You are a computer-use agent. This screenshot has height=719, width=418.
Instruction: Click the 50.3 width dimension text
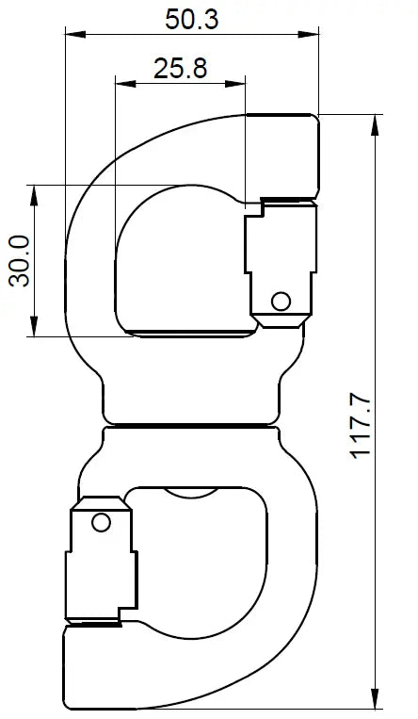point(191,18)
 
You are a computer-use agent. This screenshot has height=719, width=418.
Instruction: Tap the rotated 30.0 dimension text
point(19,261)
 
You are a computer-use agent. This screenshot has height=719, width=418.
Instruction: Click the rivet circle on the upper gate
point(280,302)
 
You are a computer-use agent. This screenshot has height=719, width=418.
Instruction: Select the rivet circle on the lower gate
point(101,522)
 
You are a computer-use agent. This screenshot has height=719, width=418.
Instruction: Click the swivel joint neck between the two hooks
point(192,424)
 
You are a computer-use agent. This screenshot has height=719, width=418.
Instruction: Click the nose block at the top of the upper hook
point(282,155)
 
